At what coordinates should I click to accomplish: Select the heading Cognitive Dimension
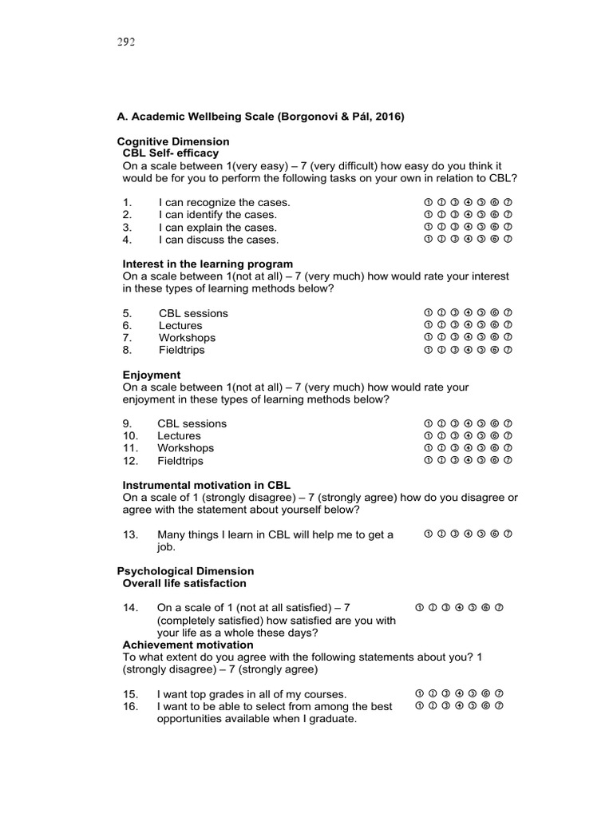tap(173, 141)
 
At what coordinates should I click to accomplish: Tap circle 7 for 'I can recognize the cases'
tap(508, 202)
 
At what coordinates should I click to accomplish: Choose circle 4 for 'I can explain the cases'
tap(468, 227)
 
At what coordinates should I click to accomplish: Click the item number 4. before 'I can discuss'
tap(127, 240)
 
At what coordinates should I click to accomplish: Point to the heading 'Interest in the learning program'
tap(208, 264)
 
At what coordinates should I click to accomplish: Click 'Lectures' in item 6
tap(180, 325)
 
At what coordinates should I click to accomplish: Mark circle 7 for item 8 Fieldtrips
tap(508, 350)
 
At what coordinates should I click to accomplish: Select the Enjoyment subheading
tap(152, 375)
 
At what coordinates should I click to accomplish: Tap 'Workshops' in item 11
tap(185, 448)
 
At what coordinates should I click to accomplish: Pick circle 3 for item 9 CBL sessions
tap(454, 423)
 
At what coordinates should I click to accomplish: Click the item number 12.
tap(131, 461)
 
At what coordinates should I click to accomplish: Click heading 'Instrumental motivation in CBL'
tap(206, 485)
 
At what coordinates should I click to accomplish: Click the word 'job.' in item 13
tap(168, 548)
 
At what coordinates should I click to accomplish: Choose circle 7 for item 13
tap(508, 534)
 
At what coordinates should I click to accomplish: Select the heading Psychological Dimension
tap(185, 571)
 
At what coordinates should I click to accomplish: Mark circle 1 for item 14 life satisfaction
tap(420, 607)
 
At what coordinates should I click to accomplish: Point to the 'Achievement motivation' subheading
tap(188, 645)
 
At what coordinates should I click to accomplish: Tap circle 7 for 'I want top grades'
tap(500, 693)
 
